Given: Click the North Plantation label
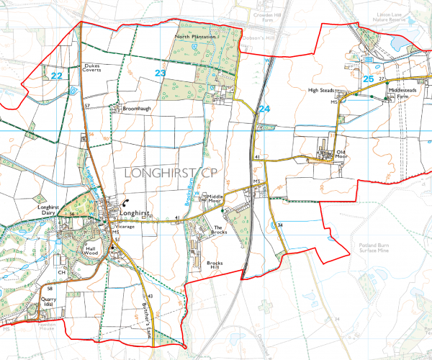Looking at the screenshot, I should point(192,36).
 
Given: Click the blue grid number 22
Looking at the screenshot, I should point(57,75).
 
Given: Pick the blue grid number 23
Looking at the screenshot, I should point(161,73).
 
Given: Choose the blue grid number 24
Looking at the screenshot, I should point(265,108).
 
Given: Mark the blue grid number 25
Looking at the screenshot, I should point(369,78).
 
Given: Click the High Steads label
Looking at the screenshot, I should point(322,91).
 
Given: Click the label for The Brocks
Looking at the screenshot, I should point(220,230).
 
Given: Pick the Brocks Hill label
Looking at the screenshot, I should point(215,265).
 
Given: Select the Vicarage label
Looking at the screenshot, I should point(125,227).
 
